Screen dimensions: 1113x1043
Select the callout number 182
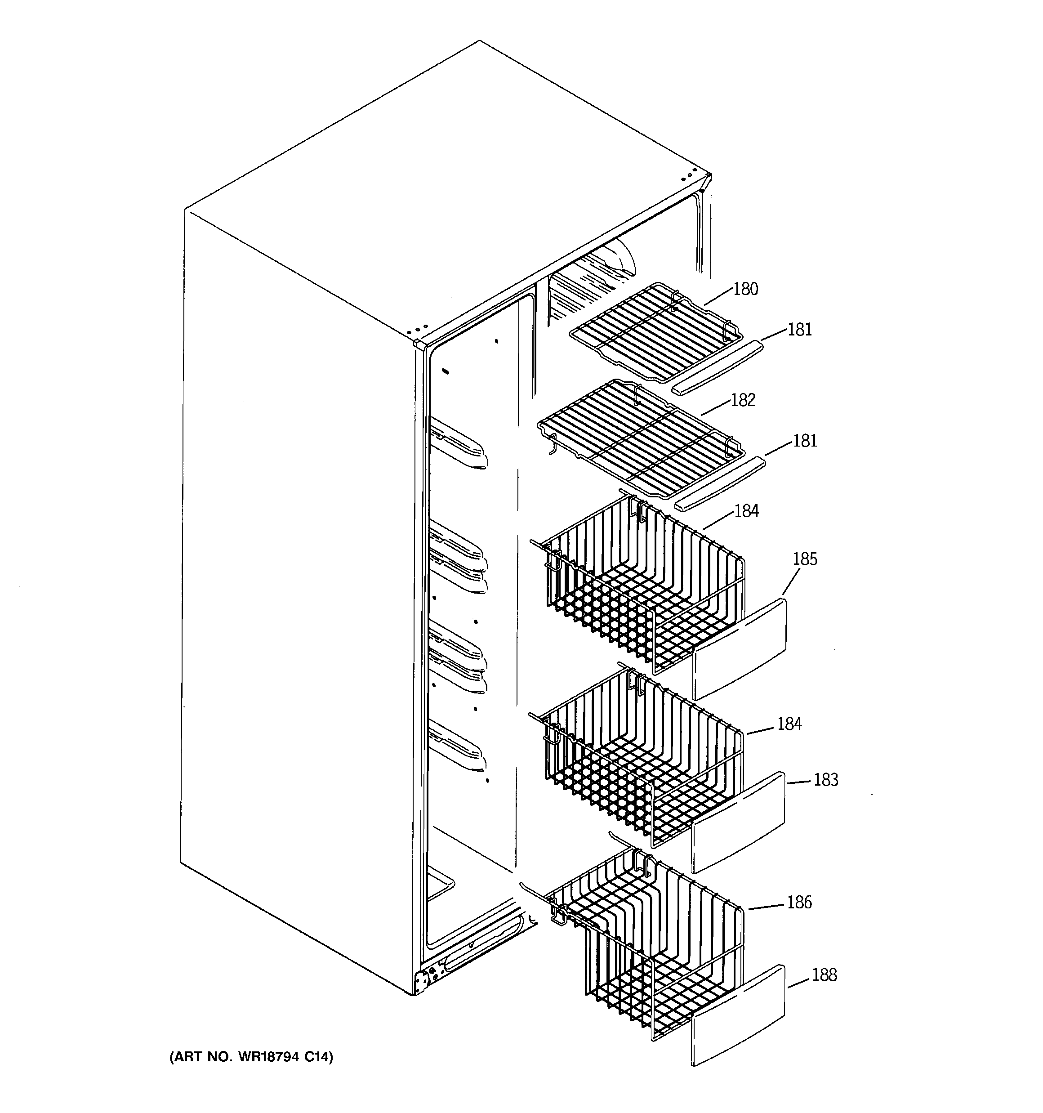point(743,400)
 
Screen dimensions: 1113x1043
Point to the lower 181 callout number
point(805,441)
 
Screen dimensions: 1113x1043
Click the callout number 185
point(805,559)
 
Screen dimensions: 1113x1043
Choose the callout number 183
point(825,780)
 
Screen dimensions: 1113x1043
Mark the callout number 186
point(799,903)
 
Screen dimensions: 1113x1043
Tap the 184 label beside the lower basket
point(789,724)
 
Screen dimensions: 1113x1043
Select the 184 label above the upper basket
point(746,511)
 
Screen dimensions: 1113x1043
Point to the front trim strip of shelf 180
point(717,367)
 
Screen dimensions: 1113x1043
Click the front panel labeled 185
point(740,649)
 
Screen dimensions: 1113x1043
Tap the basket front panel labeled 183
point(739,822)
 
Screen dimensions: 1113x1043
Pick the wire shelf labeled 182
point(638,437)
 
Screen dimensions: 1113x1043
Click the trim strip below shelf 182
point(719,483)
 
